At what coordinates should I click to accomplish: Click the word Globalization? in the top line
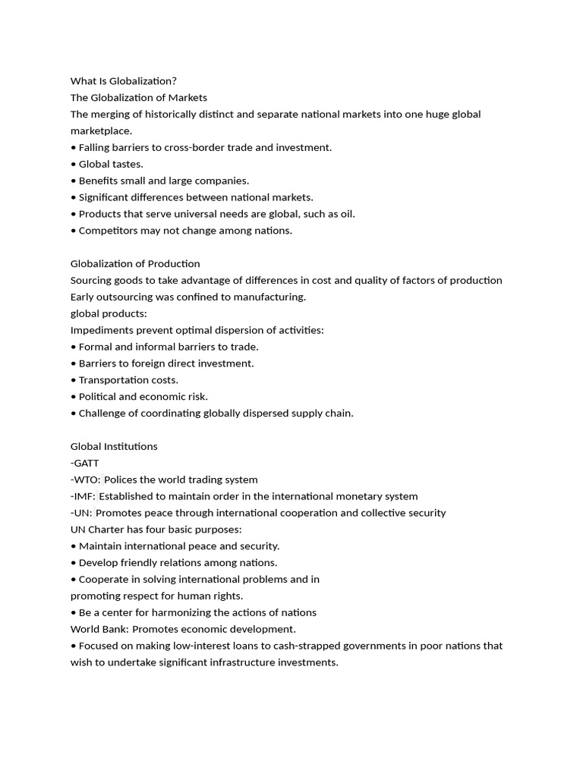click(x=143, y=81)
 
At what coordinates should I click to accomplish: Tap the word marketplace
click(x=101, y=131)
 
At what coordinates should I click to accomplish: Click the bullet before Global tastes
click(x=74, y=164)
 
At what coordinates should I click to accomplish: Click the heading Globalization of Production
click(x=135, y=264)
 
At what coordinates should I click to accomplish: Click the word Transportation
click(x=114, y=380)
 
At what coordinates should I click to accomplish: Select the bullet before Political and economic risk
click(x=74, y=397)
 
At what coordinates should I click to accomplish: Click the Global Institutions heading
click(x=114, y=446)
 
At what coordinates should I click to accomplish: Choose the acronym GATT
click(x=87, y=463)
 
